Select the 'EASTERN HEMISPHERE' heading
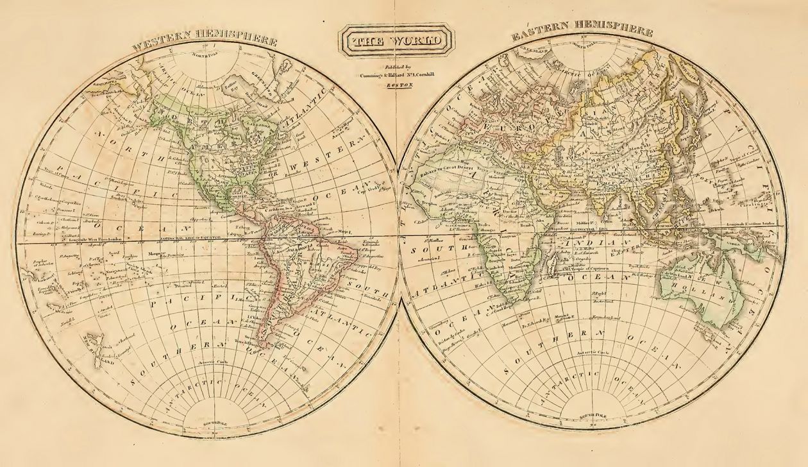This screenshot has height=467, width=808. pos(582,34)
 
